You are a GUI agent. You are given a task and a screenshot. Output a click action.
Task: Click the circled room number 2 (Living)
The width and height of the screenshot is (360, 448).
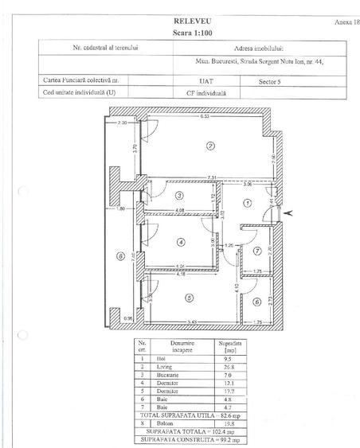[209, 146]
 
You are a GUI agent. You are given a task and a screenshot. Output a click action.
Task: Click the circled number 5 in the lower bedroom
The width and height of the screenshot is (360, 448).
[187, 298]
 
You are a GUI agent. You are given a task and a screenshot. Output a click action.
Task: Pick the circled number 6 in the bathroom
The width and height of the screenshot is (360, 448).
[256, 301]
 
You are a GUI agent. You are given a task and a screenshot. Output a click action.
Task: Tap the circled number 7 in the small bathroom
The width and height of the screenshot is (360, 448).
[256, 251]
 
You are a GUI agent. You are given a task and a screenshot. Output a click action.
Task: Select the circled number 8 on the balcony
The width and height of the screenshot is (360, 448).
[120, 256]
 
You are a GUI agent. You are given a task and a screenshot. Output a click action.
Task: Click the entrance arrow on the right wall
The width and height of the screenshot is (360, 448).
[288, 212]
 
